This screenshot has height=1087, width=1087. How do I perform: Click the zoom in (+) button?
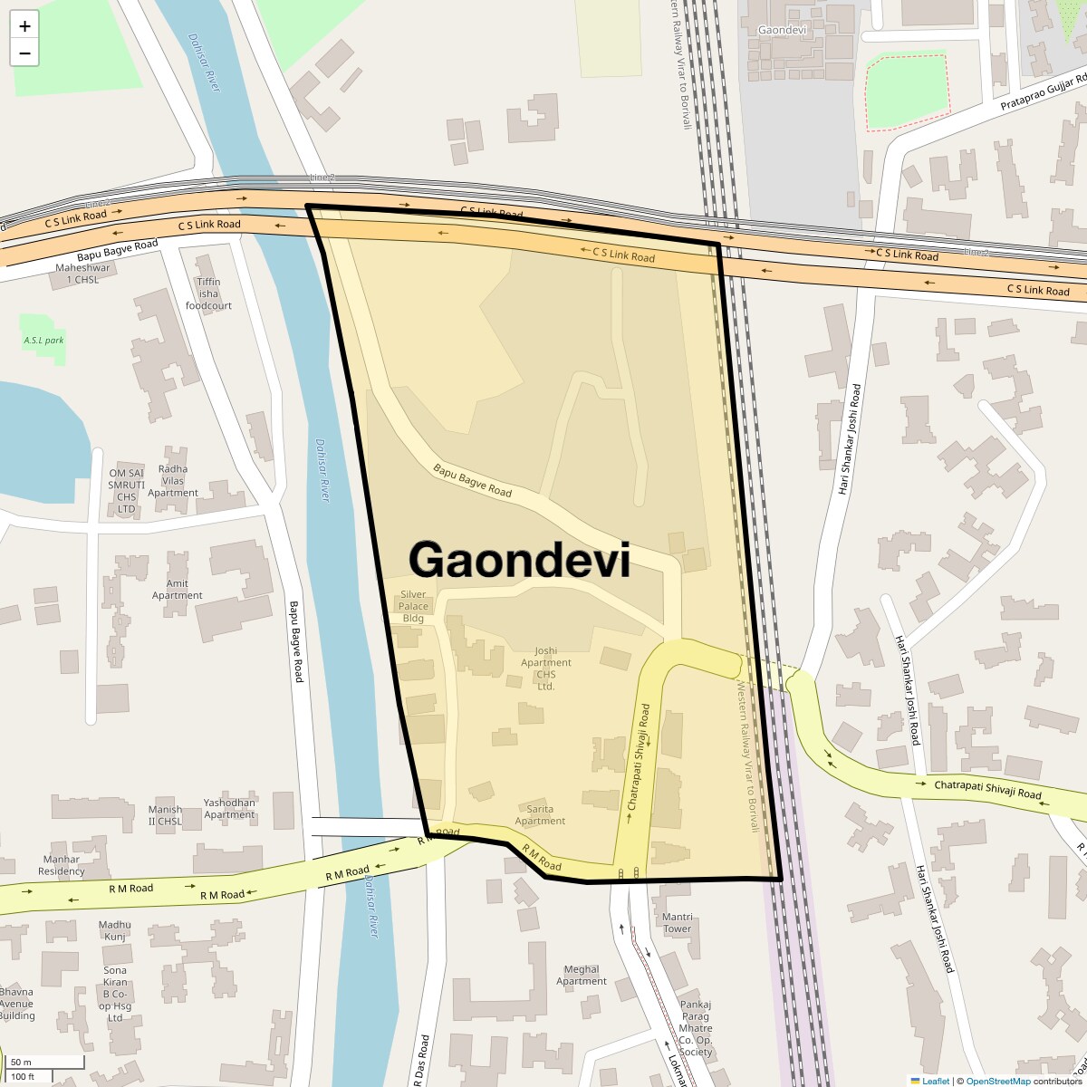point(24,26)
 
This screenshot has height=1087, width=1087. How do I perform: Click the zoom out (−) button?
point(24,53)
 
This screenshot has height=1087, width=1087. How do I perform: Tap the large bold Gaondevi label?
point(519,560)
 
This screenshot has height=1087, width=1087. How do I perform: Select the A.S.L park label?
point(43,341)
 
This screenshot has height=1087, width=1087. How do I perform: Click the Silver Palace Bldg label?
point(413,606)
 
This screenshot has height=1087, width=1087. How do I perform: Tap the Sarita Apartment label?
point(540,815)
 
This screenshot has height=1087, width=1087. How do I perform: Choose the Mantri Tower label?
point(677,923)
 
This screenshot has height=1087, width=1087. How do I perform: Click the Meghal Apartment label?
point(582,976)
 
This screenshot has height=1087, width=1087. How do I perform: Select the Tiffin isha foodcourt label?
point(208,293)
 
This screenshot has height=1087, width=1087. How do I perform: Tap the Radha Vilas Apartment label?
point(172,481)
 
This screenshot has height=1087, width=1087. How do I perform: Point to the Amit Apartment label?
point(178,590)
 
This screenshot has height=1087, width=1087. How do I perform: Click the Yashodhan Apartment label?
point(229,809)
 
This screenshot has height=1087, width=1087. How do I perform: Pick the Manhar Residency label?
point(62,865)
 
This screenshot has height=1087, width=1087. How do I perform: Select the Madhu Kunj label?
point(115,930)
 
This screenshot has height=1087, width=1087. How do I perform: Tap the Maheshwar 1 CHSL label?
point(82,274)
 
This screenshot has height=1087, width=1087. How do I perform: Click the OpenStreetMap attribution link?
point(998,1081)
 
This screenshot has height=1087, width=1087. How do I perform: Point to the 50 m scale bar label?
point(21,1062)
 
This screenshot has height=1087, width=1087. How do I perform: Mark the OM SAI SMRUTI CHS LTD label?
point(126,491)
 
